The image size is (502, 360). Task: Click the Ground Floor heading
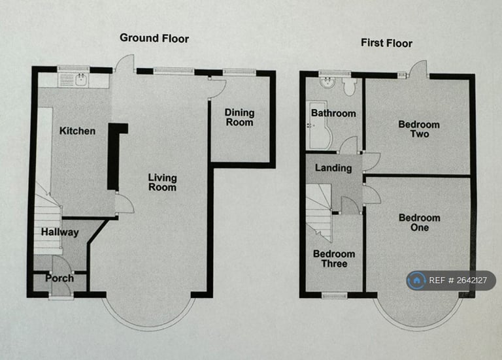(x=154, y=38)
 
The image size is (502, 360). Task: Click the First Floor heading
(x=386, y=43)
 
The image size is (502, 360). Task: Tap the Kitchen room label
(x=78, y=131)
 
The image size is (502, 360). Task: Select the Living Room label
(x=162, y=182)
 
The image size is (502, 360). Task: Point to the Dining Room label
(x=239, y=118)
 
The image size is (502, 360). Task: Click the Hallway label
(x=60, y=232)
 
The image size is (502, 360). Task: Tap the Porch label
(x=59, y=278)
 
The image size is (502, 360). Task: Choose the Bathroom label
(x=333, y=113)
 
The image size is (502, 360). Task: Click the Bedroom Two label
(x=419, y=129)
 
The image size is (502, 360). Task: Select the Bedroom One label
(x=420, y=222)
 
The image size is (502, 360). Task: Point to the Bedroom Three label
(x=334, y=259)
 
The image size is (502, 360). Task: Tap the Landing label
(x=333, y=168)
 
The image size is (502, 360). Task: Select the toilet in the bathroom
(x=349, y=87)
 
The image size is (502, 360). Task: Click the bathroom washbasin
(x=327, y=82)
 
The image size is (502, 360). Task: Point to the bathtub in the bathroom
(x=318, y=125)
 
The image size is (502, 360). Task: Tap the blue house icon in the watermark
(x=416, y=280)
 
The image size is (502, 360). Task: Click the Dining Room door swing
(x=218, y=88)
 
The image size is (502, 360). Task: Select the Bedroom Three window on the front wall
(x=335, y=295)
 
